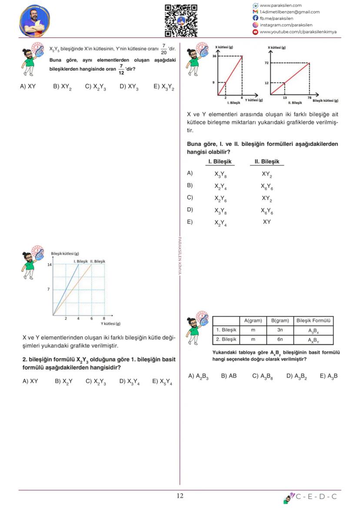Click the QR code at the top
(x=181, y=20)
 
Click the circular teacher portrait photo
(x=34, y=21)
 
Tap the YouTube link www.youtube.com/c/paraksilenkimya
(x=298, y=32)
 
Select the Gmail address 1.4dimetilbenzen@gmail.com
(x=290, y=12)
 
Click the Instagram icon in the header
(x=256, y=25)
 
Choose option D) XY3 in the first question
(x=129, y=87)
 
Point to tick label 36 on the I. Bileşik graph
(x=214, y=57)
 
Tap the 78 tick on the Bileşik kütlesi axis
(x=309, y=98)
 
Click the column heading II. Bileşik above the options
(x=267, y=162)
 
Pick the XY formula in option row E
(x=267, y=222)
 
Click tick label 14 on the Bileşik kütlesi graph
(x=50, y=264)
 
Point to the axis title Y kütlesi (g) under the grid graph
(x=110, y=324)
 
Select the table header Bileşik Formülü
(x=313, y=321)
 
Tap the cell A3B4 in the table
(x=313, y=331)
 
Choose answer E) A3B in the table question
(x=329, y=376)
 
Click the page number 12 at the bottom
(x=180, y=496)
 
